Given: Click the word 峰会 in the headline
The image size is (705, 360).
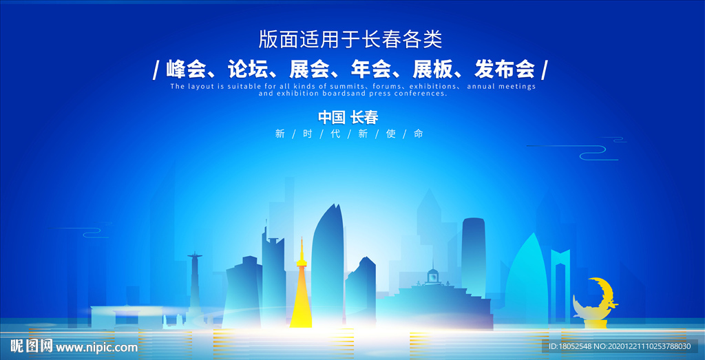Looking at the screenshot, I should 186,70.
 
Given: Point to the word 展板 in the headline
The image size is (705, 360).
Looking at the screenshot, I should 432,70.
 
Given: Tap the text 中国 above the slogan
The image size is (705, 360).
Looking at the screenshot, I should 330,117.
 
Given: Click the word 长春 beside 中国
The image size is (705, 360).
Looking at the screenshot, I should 364,117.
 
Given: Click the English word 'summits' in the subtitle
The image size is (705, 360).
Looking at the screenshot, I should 337,87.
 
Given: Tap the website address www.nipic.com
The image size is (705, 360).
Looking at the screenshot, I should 96,347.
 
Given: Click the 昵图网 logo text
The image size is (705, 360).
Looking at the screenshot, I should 32,346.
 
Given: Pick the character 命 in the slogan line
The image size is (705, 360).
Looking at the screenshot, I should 418,134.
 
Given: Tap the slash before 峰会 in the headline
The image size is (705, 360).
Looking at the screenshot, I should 156,70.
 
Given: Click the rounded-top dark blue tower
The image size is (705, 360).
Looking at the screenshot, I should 473,258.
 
